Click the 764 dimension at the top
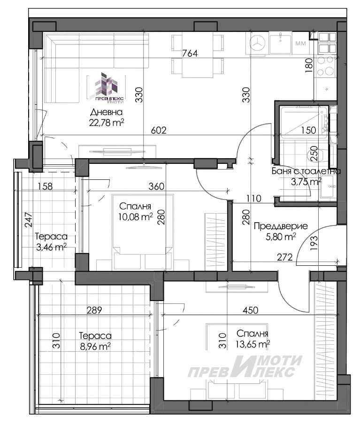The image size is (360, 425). tap(190, 54)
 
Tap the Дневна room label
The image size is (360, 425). tap(106, 112)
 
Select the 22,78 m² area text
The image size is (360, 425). tap(107, 123)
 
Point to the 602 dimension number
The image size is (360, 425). tap(159, 131)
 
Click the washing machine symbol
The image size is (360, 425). tap(257, 43)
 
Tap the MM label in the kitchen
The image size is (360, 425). tap(300, 43)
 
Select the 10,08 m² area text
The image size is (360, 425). tap(136, 217)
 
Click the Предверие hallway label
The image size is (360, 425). tap(281, 226)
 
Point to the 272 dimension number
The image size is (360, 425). tap(285, 257)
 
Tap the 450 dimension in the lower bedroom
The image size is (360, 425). tap(250, 310)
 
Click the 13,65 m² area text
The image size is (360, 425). tap(253, 344)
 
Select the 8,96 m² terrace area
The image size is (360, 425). tap(95, 347)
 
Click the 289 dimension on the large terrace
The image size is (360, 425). tap(94, 310)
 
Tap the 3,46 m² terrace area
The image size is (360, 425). tap(51, 247)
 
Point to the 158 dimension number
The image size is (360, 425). tap(45, 186)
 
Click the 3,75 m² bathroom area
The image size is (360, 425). tap(306, 182)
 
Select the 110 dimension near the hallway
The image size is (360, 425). tap(253, 198)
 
